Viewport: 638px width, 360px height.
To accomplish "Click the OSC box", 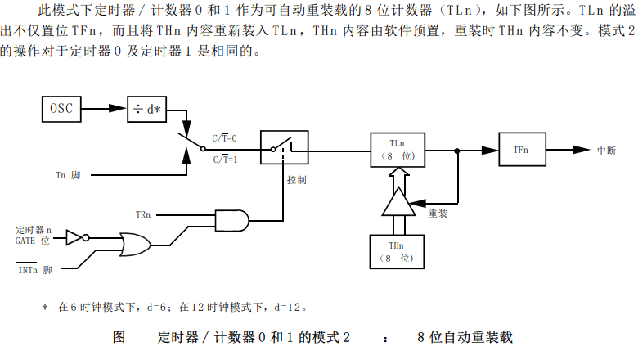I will [x=66, y=108].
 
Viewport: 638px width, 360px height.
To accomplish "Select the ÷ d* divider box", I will [x=147, y=109].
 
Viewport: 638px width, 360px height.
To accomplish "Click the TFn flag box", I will [x=521, y=151].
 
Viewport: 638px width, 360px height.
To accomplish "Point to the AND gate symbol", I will [x=231, y=218].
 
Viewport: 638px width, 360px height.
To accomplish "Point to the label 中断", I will [x=606, y=151].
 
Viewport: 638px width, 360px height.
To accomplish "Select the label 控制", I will [x=297, y=179].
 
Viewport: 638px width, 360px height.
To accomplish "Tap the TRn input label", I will [x=142, y=214].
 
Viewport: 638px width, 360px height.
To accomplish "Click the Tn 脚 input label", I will [x=68, y=175].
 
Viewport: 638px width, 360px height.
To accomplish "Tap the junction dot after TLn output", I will [x=456, y=150].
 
